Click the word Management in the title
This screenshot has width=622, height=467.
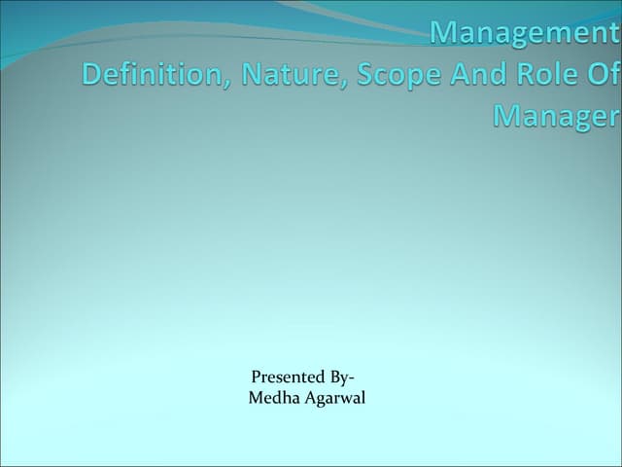coord(524,34)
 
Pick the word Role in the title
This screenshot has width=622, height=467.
coord(556,75)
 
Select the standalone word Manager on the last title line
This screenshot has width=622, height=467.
coord(556,117)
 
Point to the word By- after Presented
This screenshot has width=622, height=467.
coord(337,377)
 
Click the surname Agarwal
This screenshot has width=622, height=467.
coord(335,397)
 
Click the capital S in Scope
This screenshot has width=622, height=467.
coord(366,75)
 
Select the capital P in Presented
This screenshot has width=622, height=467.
coord(256,377)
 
